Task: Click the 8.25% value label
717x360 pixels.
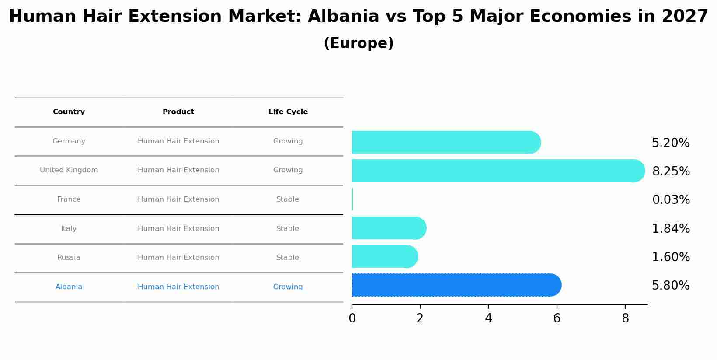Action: coord(671,171)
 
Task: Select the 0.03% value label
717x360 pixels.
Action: coord(671,200)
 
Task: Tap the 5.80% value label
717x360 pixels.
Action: coord(671,286)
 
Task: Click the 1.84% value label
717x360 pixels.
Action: coord(671,229)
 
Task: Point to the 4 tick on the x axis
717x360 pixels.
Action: coord(488,318)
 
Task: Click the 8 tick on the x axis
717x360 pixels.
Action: coord(625,318)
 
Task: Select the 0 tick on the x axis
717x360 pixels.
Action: coord(352,318)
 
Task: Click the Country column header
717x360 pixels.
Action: coord(69,112)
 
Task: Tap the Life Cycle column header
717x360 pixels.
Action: coord(288,112)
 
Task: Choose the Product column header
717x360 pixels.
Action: coord(178,112)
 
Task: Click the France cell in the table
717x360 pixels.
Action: coord(69,199)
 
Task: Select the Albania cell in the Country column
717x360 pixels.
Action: coord(69,287)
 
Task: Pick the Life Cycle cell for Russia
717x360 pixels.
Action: coord(288,258)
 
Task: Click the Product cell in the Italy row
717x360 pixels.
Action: coord(178,229)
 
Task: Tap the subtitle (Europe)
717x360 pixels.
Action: coord(358,43)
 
